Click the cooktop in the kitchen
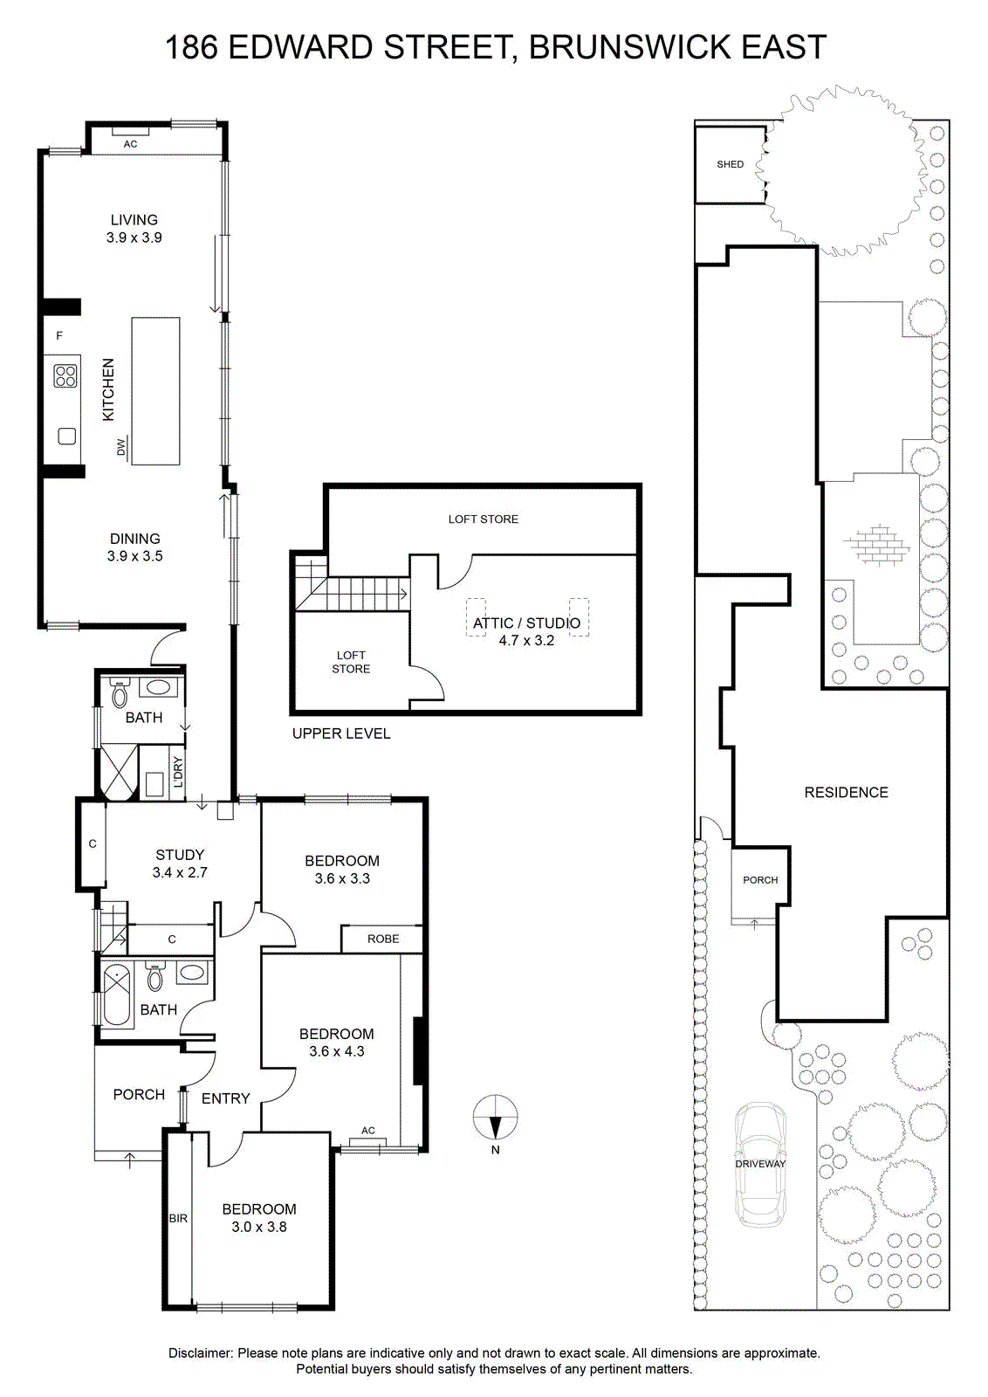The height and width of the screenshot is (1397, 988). pyautogui.click(x=65, y=376)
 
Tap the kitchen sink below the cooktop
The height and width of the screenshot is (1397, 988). pyautogui.click(x=66, y=436)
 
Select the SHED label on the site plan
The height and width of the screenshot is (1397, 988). pyautogui.click(x=730, y=164)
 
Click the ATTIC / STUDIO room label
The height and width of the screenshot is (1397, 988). pyautogui.click(x=526, y=623)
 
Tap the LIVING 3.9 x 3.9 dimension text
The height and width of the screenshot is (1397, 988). pyautogui.click(x=134, y=237)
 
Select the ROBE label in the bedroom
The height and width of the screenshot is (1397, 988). pyautogui.click(x=383, y=939)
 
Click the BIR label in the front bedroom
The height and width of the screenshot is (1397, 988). pyautogui.click(x=178, y=1218)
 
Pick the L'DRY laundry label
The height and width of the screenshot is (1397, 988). pyautogui.click(x=178, y=772)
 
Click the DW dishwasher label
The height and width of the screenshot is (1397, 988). pyautogui.click(x=121, y=446)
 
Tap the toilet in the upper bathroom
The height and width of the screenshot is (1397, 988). pyautogui.click(x=119, y=693)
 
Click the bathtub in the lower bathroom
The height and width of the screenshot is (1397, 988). pyautogui.click(x=117, y=995)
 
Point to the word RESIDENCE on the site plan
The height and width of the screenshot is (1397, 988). pyautogui.click(x=846, y=792)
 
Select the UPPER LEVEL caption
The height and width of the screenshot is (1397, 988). pyautogui.click(x=341, y=733)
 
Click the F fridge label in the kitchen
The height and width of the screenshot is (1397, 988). pyautogui.click(x=60, y=335)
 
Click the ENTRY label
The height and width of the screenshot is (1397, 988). pyautogui.click(x=226, y=1098)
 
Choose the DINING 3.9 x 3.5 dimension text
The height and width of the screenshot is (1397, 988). pyautogui.click(x=134, y=555)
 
